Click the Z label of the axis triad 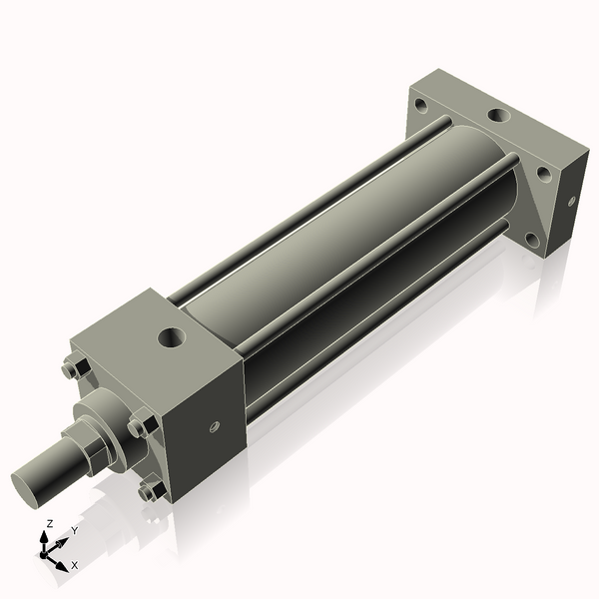[50, 523]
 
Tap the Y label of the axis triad [74, 531]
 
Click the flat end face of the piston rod [29, 485]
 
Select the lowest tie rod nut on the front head [151, 491]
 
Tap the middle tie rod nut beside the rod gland [139, 426]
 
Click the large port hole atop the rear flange [495, 116]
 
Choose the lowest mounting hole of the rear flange [535, 240]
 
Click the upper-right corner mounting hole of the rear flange [543, 172]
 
